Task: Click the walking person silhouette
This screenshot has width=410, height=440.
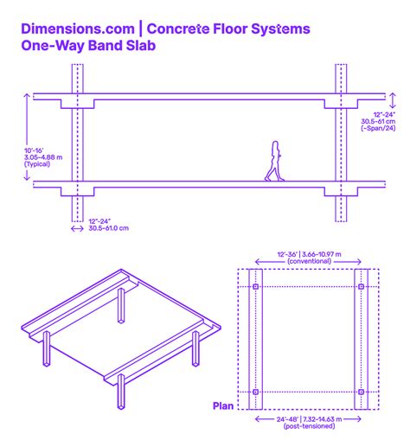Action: pos(274,162)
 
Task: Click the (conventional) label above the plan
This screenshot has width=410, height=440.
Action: pos(307,262)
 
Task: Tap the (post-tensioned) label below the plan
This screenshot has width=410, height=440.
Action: pos(307,425)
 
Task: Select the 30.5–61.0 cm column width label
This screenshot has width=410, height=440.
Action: pos(109,228)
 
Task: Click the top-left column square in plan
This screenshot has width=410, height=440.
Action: pos(255,286)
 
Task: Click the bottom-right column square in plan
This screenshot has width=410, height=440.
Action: pos(360,392)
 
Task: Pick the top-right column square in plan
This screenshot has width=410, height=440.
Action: pos(360,286)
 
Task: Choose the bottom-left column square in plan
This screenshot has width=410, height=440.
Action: pos(255,392)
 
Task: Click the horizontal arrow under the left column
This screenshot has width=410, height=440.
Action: pos(78,228)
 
